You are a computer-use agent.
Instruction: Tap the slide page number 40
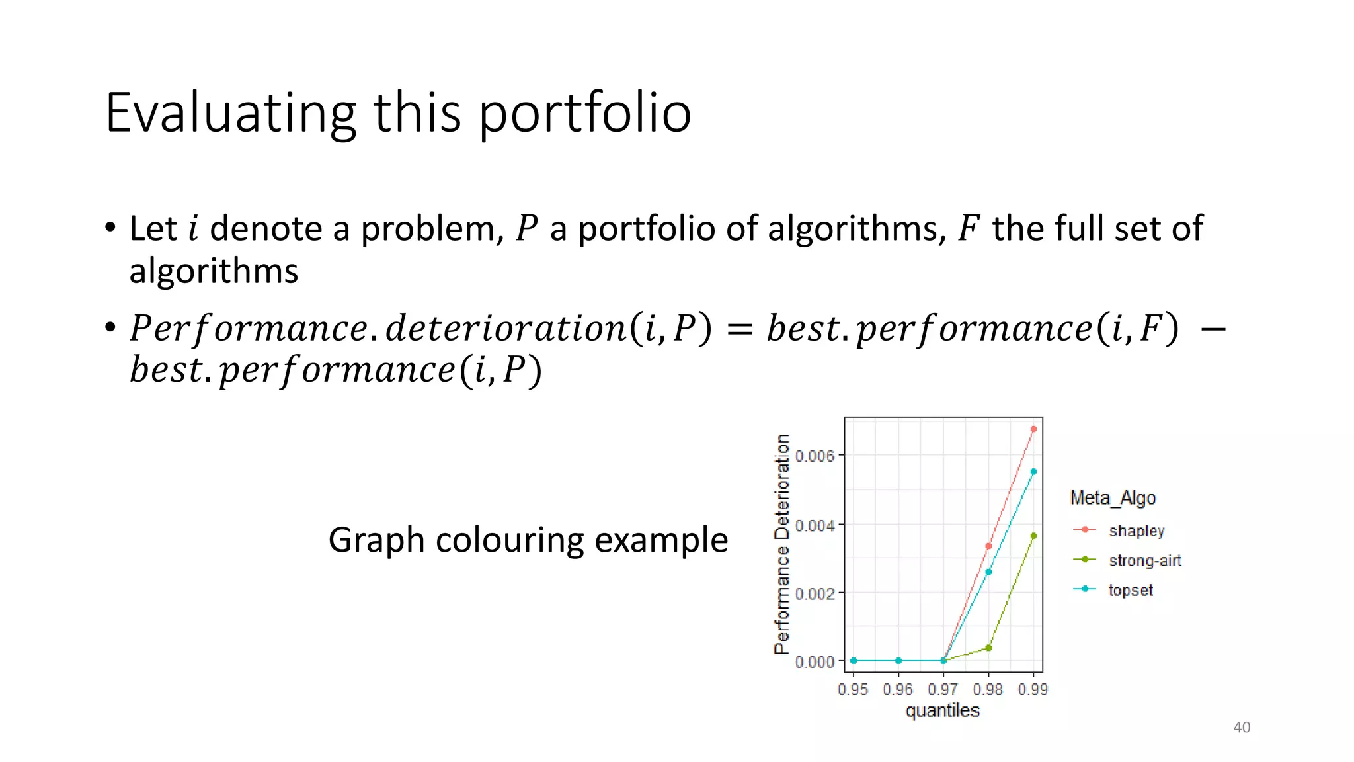pos(1242,727)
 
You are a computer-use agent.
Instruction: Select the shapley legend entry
pos(1136,530)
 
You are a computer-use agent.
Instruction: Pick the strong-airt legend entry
pos(1144,560)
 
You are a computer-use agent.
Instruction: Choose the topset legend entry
pos(1131,590)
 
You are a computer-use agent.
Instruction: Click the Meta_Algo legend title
pos(1113,497)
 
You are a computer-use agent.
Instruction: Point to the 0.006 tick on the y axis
pos(815,456)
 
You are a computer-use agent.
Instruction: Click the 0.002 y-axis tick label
pos(815,593)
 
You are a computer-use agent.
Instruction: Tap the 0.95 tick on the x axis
pos(853,689)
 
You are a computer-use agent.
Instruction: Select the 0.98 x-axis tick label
pos(988,689)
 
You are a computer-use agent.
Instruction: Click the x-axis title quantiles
pos(943,710)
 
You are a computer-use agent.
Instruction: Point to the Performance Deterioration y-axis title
pos(782,544)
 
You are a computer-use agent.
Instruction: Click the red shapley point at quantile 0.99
pos(1033,429)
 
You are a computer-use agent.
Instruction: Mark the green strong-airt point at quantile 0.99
pos(1033,536)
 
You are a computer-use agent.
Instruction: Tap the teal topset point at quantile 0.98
pos(988,572)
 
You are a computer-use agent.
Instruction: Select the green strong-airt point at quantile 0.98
pos(988,648)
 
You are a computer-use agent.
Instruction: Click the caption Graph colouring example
pos(528,540)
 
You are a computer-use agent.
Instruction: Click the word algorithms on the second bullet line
pos(214,271)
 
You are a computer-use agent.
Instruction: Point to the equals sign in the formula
pos(739,329)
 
